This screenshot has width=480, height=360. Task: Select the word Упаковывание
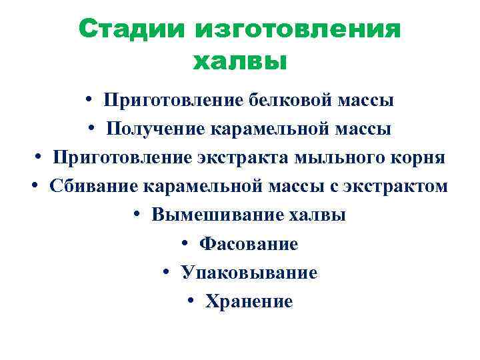click(249, 273)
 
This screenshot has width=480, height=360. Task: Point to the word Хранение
click(249, 302)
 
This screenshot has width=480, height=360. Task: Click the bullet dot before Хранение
click(191, 301)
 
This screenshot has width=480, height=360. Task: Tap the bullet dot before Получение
click(91, 128)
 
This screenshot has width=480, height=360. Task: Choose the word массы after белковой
click(366, 101)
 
